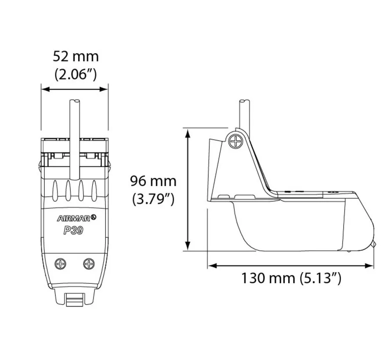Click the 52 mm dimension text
76,57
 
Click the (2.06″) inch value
76,74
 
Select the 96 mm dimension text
153,180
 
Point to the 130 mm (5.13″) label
291,278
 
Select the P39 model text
72,230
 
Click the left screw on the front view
60,263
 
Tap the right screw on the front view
89,263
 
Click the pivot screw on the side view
236,141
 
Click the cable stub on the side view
245,113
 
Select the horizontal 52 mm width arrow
74,89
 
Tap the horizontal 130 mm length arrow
291,265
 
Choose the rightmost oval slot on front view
94,191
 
